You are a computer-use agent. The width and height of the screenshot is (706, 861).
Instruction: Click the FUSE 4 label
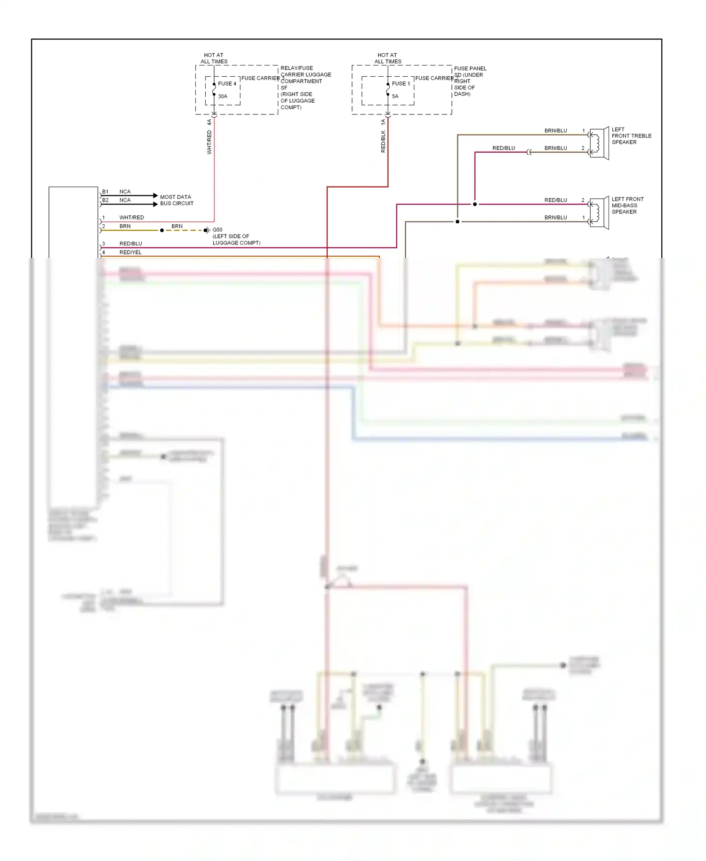point(227,83)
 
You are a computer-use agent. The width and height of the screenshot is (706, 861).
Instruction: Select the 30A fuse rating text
point(222,96)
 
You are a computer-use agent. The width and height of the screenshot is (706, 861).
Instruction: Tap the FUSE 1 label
point(401,83)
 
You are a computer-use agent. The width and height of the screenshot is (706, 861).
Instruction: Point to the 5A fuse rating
point(395,96)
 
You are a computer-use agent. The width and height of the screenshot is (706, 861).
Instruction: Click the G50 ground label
point(217,230)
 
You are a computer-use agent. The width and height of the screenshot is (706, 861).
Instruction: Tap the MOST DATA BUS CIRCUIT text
point(176,200)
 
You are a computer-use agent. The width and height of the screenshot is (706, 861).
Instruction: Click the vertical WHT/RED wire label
point(209,142)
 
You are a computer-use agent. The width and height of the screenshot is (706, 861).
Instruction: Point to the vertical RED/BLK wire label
point(383,141)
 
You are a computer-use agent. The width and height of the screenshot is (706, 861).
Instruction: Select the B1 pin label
point(105,192)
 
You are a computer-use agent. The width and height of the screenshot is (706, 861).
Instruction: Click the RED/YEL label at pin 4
point(130,252)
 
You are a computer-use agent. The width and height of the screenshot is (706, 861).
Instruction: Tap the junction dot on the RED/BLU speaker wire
point(474,204)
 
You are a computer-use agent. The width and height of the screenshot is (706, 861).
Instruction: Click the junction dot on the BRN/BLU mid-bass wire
point(457,221)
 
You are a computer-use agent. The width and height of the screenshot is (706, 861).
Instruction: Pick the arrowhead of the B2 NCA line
point(155,204)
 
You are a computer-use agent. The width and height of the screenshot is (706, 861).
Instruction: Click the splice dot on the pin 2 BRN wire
point(162,230)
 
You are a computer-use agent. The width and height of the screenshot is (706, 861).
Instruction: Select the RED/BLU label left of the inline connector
point(503,148)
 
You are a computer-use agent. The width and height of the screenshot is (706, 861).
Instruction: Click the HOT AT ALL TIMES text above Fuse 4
point(214,58)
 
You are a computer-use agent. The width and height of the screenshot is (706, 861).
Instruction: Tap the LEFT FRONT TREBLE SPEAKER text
point(631,136)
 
